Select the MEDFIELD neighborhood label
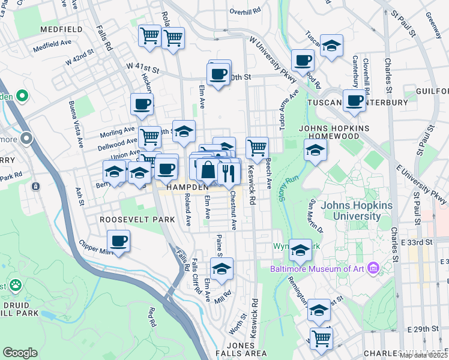point(61,29)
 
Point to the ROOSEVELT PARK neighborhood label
point(137,220)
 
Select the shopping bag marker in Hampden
point(208,170)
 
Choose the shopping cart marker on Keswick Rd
point(257,147)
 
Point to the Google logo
point(20,352)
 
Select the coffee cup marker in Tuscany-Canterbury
point(354,100)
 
